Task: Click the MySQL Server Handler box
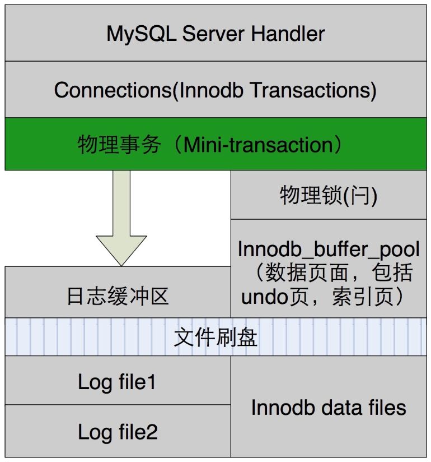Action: [215, 34]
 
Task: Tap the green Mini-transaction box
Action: [215, 144]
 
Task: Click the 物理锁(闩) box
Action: [329, 196]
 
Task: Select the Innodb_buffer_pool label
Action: [329, 248]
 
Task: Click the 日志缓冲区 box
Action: [118, 295]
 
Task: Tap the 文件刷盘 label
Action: [215, 338]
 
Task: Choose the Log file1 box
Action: [118, 382]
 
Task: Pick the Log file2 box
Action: [118, 432]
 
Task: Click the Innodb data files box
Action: [329, 408]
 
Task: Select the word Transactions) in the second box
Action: [314, 90]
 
